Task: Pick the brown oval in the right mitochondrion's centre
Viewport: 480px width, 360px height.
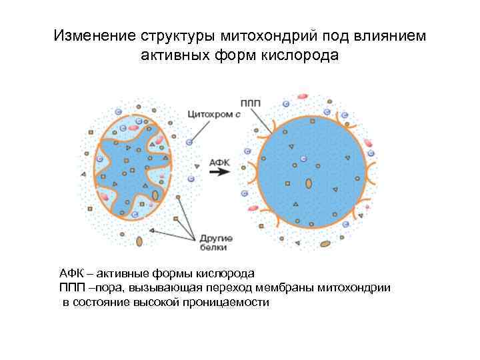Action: click(x=309, y=183)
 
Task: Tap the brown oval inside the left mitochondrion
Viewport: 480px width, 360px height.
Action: click(x=155, y=195)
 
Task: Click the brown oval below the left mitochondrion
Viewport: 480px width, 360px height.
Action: click(x=139, y=241)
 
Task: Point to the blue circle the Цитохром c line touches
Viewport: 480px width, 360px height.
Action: click(x=191, y=142)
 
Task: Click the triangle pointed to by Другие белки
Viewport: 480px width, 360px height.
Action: click(x=151, y=231)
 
